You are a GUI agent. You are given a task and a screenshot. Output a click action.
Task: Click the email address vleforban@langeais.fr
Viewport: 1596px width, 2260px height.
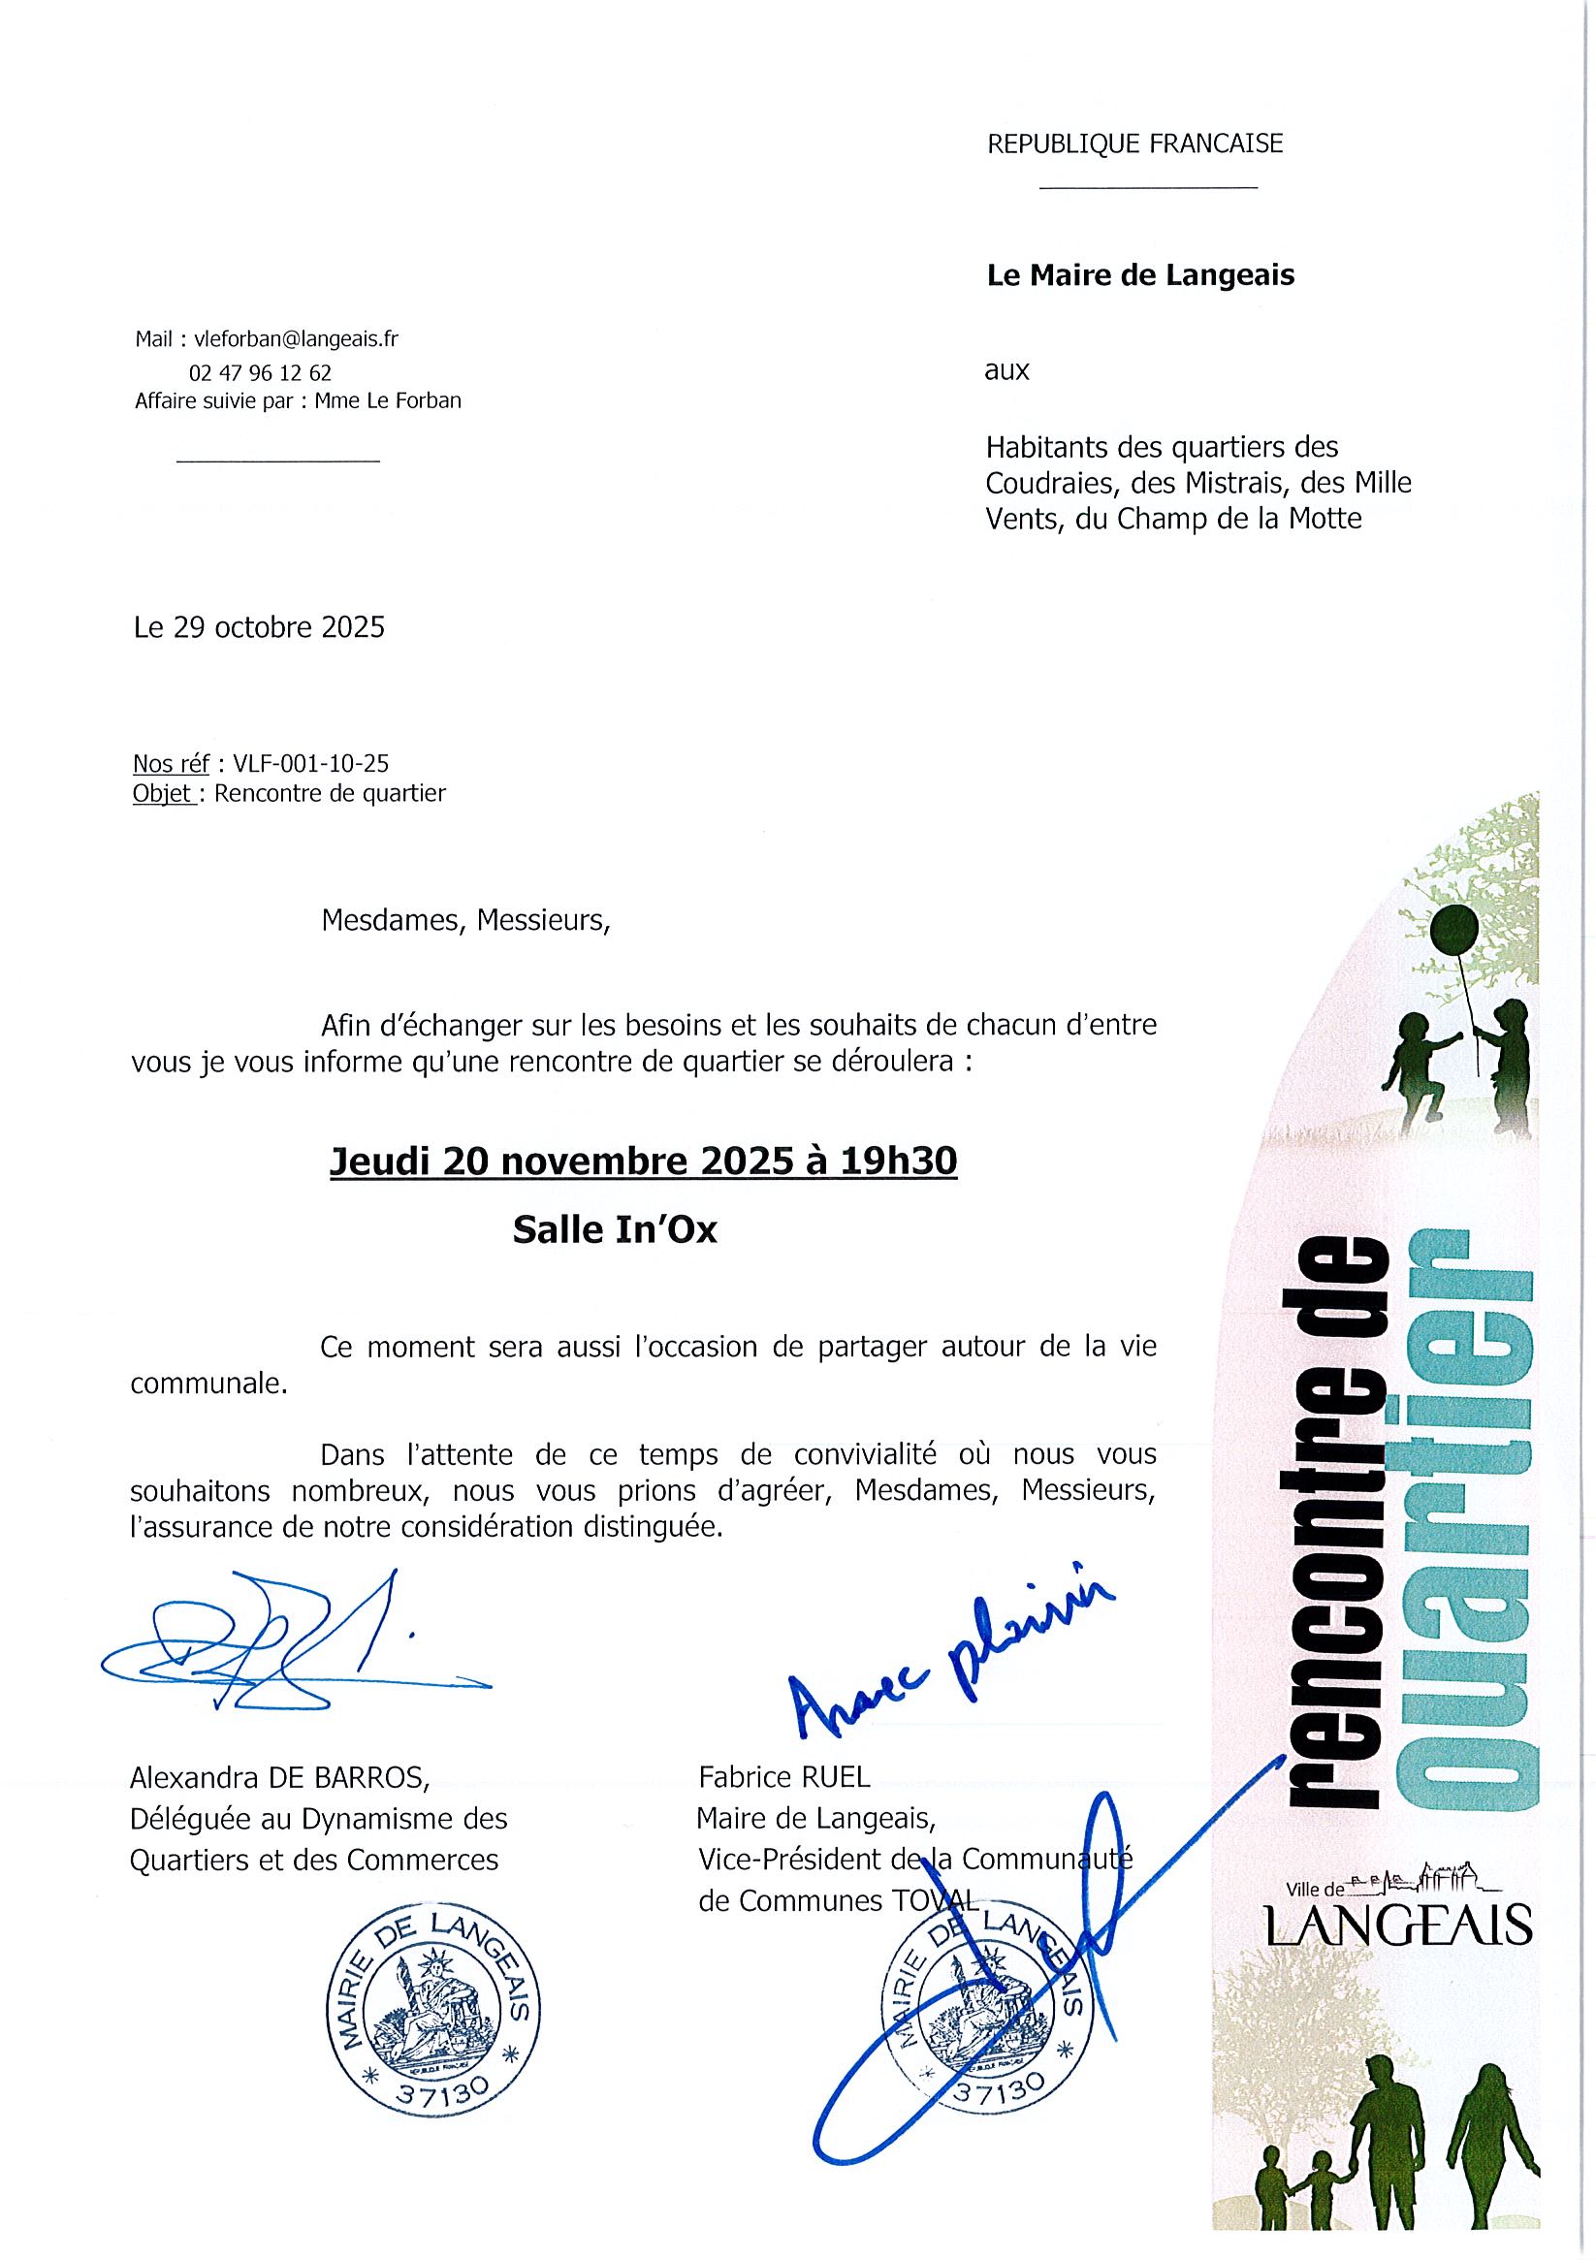click(297, 339)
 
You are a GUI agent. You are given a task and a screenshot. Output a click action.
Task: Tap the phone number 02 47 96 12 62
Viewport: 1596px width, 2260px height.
click(260, 373)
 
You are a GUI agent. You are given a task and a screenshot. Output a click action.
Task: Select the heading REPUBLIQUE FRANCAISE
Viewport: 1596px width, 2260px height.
click(1134, 144)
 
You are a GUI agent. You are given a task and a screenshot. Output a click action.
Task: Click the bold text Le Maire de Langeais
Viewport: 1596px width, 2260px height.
click(1140, 275)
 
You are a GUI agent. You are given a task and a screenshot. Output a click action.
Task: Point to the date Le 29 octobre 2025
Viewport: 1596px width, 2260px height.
click(259, 627)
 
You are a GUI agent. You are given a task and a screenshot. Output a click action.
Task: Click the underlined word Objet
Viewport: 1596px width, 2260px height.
click(161, 793)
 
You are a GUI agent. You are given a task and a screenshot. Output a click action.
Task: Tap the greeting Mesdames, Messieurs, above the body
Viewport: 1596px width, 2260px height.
click(464, 920)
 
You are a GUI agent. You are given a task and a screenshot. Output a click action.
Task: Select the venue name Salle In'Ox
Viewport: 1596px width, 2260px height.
click(615, 1231)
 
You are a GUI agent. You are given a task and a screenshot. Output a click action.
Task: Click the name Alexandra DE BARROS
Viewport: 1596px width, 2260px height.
click(279, 1777)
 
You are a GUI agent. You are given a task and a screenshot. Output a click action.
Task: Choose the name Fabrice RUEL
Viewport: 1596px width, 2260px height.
click(784, 1777)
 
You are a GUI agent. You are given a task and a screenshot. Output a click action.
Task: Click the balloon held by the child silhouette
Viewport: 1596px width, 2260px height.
click(1454, 931)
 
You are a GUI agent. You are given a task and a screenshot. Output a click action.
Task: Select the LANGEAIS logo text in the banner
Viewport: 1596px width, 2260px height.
click(1399, 1926)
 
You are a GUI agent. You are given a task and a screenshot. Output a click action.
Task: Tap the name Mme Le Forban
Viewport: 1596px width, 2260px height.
click(388, 400)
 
